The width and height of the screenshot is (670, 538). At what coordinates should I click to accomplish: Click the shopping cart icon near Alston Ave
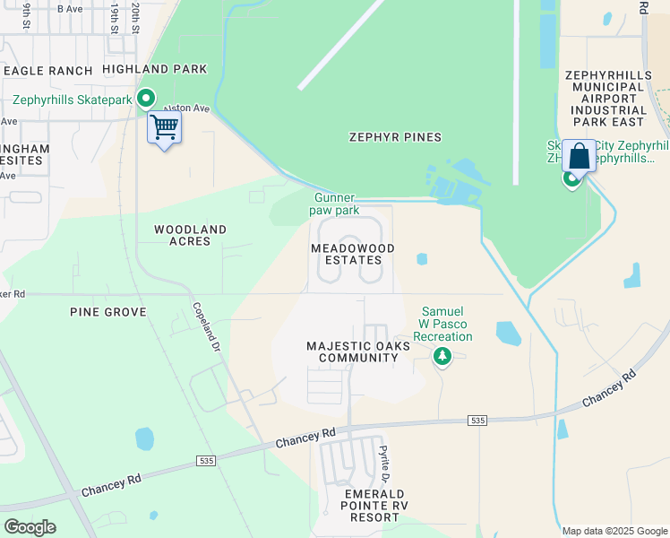[x=164, y=128]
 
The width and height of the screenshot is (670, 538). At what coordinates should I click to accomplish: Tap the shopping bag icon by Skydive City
[x=579, y=156]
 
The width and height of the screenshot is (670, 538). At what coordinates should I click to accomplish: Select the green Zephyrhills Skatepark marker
[x=145, y=99]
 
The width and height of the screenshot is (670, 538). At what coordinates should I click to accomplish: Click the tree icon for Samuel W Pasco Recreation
[x=442, y=357]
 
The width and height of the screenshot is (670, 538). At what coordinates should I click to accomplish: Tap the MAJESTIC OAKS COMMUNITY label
[x=352, y=351]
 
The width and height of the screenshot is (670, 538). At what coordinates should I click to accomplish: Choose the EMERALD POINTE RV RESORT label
[x=374, y=506]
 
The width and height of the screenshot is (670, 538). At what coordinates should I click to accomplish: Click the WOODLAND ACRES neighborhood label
[x=182, y=235]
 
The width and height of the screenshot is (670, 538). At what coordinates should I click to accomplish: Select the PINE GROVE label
[x=107, y=311]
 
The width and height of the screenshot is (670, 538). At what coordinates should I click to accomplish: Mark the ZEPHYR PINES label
[x=395, y=137]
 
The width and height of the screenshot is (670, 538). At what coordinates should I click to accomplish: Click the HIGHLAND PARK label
[x=154, y=69]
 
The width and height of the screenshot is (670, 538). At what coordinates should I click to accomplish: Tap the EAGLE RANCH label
[x=47, y=70]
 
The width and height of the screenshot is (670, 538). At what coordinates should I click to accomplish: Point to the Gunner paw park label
[x=336, y=204]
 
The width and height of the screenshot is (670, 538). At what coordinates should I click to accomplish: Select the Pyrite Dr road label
[x=383, y=463]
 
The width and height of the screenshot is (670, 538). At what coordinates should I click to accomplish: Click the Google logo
[x=29, y=527]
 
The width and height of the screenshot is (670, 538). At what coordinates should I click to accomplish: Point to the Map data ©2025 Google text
[x=614, y=531]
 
